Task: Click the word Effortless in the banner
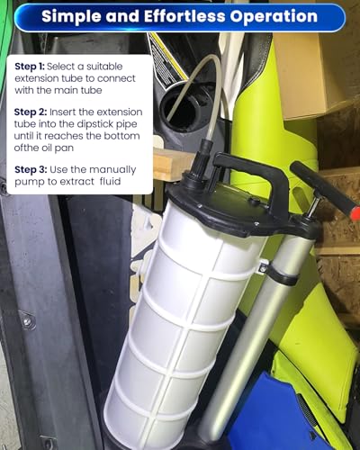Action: pyautogui.click(x=184, y=16)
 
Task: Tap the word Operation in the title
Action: pyautogui.click(x=274, y=17)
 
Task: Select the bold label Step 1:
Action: pyautogui.click(x=30, y=67)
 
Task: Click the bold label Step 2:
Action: pyautogui.click(x=31, y=112)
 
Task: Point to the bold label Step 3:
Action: pyautogui.click(x=31, y=170)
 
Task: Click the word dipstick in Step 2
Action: pyautogui.click(x=94, y=124)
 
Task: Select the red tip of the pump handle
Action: pyautogui.click(x=356, y=212)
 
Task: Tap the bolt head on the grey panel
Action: pyautogui.click(x=27, y=321)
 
